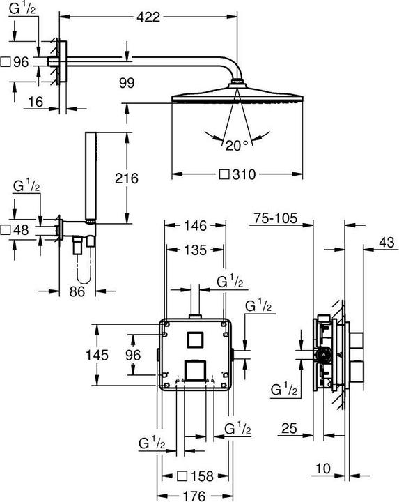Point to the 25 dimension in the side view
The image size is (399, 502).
coord(291,428)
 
